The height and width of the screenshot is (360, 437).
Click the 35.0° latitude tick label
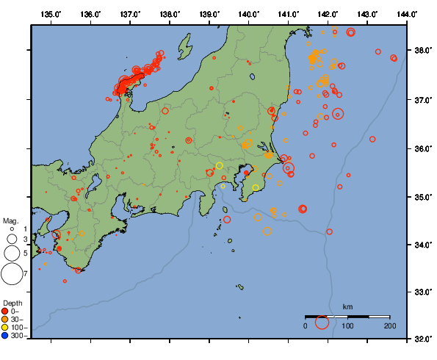pyautogui.click(x=423, y=197)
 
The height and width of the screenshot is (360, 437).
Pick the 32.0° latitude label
pyautogui.click(x=423, y=339)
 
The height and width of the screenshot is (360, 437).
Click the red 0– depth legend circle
pyautogui.click(x=6, y=312)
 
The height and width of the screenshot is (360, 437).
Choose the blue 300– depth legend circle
pyautogui.click(x=6, y=336)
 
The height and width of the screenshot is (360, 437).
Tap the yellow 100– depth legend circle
pyautogui.click(x=6, y=328)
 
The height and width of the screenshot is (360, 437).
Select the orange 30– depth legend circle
pyautogui.click(x=6, y=320)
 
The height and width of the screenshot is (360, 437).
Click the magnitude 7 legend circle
pyautogui.click(x=11, y=274)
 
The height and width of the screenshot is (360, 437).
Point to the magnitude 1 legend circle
pyautogui.click(x=12, y=230)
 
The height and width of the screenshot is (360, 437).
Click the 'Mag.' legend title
pyautogui.click(x=10, y=220)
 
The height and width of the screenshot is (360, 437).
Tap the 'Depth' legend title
pyautogui.click(x=12, y=303)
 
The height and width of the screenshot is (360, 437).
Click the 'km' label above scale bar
pyautogui.click(x=347, y=307)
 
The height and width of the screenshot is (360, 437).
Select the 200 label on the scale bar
pyautogui.click(x=389, y=325)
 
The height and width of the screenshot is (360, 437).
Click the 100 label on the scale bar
pyautogui.click(x=347, y=325)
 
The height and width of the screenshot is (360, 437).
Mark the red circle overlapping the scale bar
pyautogui.click(x=322, y=322)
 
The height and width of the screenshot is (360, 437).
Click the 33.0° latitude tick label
pyautogui.click(x=423, y=292)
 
